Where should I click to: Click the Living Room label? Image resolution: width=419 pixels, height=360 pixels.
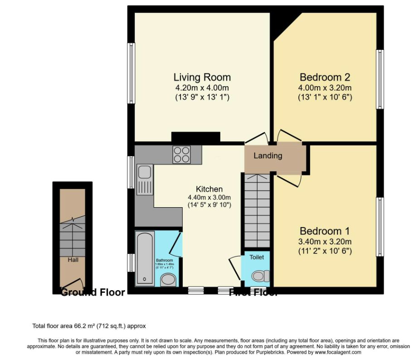[202, 77]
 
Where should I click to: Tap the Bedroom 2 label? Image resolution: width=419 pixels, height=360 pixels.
[325, 77]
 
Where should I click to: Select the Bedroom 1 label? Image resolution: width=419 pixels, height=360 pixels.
[325, 231]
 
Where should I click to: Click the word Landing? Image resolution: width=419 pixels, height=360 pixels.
[268, 156]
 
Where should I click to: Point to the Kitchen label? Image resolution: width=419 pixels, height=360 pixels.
[209, 189]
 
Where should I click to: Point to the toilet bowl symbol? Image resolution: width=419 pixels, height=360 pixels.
[260, 276]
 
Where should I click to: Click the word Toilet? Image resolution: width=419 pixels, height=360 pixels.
[256, 257]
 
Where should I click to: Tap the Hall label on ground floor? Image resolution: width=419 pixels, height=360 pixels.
[73, 260]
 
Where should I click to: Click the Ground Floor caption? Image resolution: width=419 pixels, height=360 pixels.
[93, 292]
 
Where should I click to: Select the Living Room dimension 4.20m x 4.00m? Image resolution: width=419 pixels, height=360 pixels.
[202, 88]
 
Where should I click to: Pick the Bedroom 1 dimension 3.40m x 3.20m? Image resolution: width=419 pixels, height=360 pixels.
[325, 241]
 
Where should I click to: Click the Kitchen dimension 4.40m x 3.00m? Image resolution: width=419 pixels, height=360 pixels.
[209, 197]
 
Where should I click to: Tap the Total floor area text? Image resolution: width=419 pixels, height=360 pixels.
[89, 326]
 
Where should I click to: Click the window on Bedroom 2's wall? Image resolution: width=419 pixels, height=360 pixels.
[380, 79]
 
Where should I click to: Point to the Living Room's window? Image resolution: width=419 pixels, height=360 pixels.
[131, 73]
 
